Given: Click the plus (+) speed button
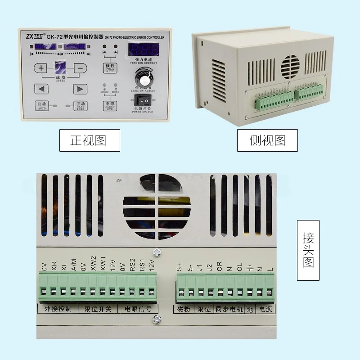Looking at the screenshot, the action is (41, 68).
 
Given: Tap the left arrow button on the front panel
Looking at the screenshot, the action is (41, 89).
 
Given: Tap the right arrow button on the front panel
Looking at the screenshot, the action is (80, 89).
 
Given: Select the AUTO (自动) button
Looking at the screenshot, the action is (41, 105).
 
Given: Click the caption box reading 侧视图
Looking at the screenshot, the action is (267, 140).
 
